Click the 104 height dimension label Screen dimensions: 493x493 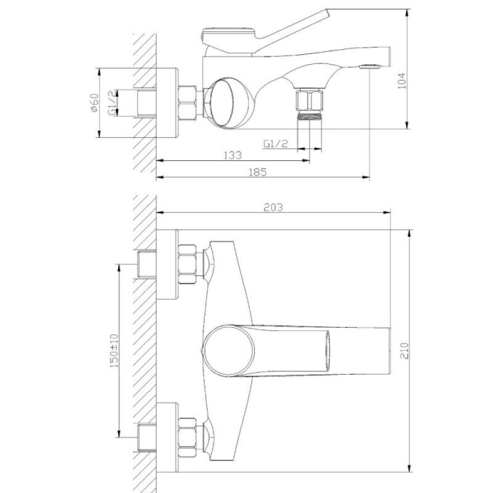click(x=402, y=81)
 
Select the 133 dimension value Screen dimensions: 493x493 click(x=233, y=155)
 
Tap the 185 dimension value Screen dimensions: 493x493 click(x=258, y=172)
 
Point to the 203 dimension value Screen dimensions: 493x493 click(x=273, y=207)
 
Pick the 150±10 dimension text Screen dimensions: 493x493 click(x=114, y=351)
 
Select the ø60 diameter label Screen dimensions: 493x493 click(x=94, y=102)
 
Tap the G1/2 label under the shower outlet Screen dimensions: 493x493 click(x=275, y=144)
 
